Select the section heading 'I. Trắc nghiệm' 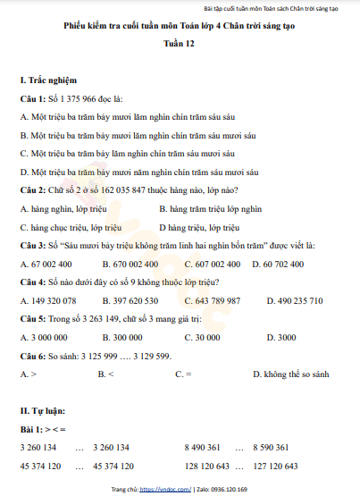coord(48,80)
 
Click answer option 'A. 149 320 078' coord(54,300)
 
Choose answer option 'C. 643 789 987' coord(212,300)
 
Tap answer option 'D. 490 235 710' coord(288,300)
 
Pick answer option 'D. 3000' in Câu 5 coord(275,337)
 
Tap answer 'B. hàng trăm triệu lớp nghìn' coord(211,208)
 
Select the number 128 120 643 coord(206,466)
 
